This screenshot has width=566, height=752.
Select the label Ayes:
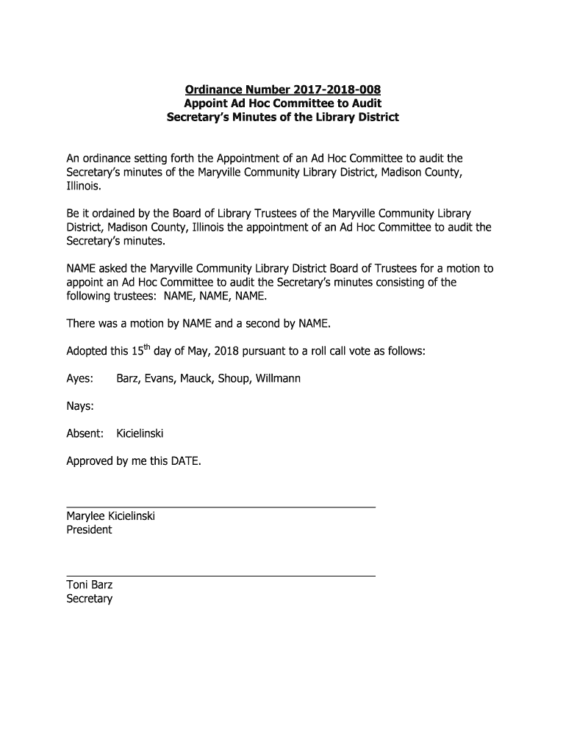[x=80, y=379]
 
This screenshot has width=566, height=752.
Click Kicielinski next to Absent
[x=140, y=433]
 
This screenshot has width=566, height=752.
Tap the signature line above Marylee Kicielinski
[x=221, y=507]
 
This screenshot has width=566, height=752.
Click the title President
[x=89, y=529]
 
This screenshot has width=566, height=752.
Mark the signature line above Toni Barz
[x=221, y=576]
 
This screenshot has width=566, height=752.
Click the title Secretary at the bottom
[x=89, y=599]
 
